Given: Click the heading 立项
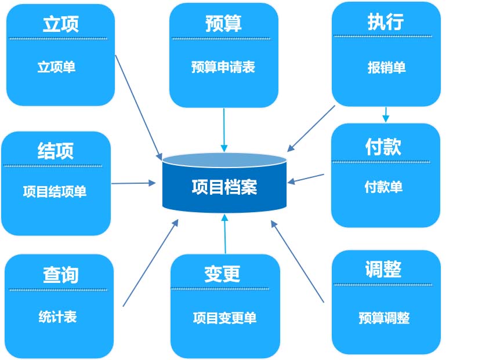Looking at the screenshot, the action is point(60,24).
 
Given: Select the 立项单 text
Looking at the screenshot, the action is point(57,67).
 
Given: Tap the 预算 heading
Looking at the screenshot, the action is point(223,23).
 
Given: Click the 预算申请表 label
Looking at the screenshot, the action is point(223,67).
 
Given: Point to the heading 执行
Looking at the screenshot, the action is point(386,22).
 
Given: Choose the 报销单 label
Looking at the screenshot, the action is point(387,68).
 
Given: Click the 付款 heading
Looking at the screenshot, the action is point(383,147).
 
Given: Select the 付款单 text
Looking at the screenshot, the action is point(383,187).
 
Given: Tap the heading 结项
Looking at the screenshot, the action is point(56,151).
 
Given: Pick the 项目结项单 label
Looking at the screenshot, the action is point(55,191).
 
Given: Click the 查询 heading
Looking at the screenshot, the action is point(60,275).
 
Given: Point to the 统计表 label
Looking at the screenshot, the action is point(58,317).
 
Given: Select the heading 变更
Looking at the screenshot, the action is point(222,274).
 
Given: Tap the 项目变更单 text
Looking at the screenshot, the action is point(224,318).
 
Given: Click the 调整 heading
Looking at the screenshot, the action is point(383,269).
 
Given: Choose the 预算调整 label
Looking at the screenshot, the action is point(384,318).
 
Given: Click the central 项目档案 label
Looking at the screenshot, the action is point(224,187).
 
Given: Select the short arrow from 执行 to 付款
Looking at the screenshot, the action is point(386,115).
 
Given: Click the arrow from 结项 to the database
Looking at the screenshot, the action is point(134,183).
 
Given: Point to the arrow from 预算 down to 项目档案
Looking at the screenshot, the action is point(224,130).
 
